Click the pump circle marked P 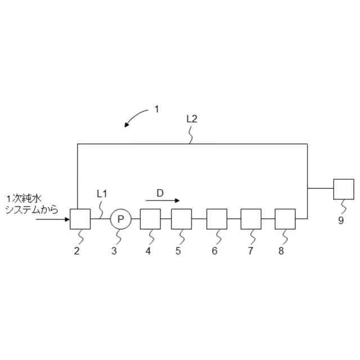pos(120,219)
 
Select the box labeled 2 pos(80,219)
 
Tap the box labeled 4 pos(150,219)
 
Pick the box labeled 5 pos(182,219)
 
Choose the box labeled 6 pos(217,219)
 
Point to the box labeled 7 pos(251,219)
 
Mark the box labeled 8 pos(285,219)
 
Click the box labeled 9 pos(344,189)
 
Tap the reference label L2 pos(191,119)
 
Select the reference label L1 pos(102,193)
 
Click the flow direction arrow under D pos(163,200)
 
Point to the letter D pos(160,193)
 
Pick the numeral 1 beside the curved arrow pos(157,110)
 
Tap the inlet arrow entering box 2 pos(53,219)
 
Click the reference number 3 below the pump pos(114,251)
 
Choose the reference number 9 pos(341,220)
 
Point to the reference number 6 pos(214,251)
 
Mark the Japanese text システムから pos(31,209)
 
